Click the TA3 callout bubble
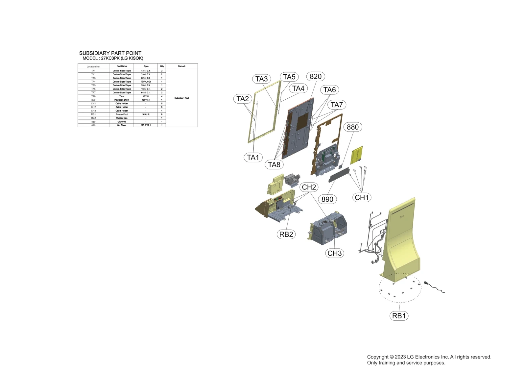(x=262, y=79)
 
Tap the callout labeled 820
(x=316, y=76)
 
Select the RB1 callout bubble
(x=399, y=316)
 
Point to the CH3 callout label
(x=335, y=253)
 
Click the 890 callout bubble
(x=327, y=199)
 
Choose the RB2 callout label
(x=286, y=234)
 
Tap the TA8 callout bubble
(x=274, y=164)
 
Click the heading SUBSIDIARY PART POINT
(x=110, y=53)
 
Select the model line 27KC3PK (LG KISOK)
(x=113, y=58)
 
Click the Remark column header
(x=181, y=66)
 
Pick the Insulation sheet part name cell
(x=122, y=100)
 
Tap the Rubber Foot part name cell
(x=122, y=114)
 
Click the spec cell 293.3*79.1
(x=146, y=125)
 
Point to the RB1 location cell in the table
(x=93, y=114)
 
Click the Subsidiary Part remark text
(x=181, y=98)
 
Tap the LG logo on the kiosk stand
(x=402, y=216)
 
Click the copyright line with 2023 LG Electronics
(x=429, y=357)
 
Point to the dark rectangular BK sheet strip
(x=339, y=174)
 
